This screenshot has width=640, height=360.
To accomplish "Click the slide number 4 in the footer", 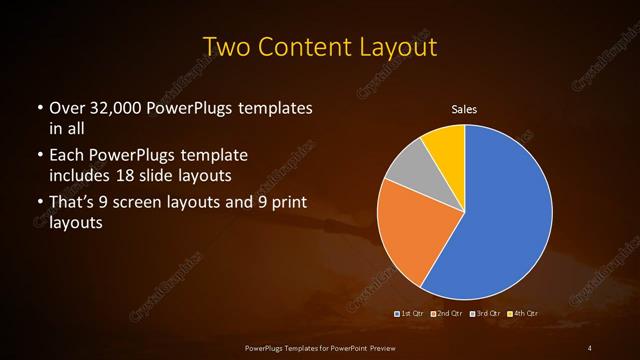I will pyautogui.click(x=591, y=347).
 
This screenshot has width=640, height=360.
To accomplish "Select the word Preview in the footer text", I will pyautogui.click(x=377, y=347).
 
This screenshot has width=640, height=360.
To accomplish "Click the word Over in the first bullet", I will pyautogui.click(x=65, y=107).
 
